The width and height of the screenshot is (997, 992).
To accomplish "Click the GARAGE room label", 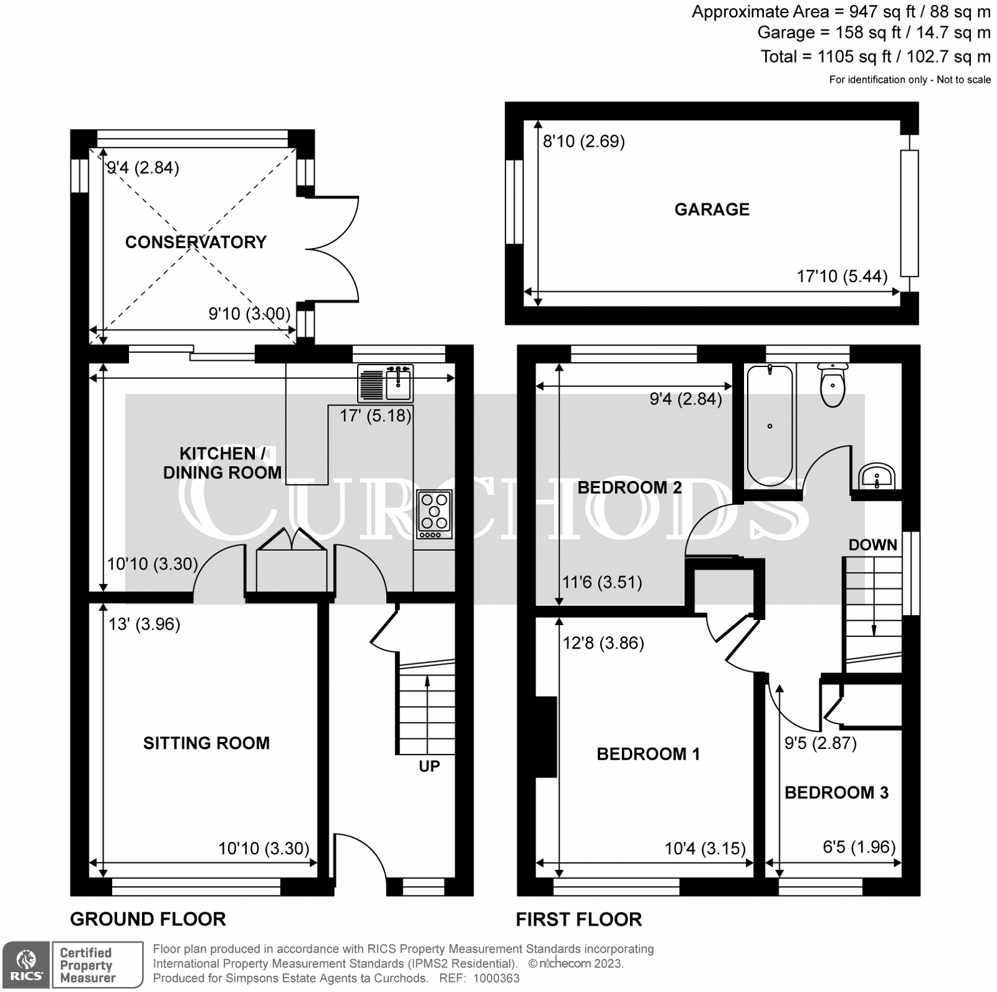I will (712, 209).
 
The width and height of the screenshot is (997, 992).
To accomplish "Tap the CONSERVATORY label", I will (196, 242).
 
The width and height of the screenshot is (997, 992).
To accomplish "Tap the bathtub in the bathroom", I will (770, 425).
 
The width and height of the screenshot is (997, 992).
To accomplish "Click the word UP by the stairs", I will (429, 766).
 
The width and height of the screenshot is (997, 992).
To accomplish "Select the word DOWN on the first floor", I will (872, 545).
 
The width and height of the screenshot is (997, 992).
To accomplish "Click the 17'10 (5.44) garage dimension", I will (842, 276).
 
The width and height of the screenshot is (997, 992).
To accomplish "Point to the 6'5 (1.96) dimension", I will (859, 847).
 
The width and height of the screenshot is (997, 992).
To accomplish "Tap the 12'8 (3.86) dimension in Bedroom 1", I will (603, 642).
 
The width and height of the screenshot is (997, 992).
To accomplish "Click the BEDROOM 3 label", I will (836, 793).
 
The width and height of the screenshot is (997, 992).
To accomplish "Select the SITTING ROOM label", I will (206, 743).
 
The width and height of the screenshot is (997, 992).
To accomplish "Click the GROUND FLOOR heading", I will (148, 919).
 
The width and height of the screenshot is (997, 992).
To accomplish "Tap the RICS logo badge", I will (26, 965).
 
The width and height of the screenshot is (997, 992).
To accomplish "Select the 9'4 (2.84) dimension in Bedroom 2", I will (685, 399).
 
